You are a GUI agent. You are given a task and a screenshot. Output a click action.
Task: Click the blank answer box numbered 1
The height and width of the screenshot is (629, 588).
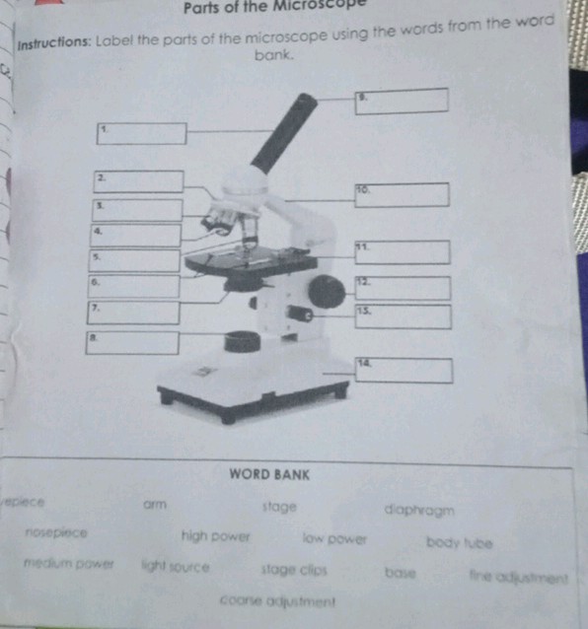[141, 133]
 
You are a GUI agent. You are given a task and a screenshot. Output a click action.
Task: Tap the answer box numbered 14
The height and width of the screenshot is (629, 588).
[404, 371]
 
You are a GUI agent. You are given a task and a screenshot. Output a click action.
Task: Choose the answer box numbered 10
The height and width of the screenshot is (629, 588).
[402, 194]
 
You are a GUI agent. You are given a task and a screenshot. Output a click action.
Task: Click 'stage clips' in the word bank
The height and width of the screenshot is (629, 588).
[294, 570]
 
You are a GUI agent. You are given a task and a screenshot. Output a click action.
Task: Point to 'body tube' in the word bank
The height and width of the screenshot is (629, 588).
[460, 541]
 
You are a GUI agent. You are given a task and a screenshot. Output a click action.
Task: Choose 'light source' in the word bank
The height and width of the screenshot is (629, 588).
[175, 567]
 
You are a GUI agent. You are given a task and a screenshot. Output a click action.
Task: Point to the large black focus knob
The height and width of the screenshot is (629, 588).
[326, 291]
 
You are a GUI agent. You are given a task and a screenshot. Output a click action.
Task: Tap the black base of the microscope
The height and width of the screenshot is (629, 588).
[255, 400]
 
